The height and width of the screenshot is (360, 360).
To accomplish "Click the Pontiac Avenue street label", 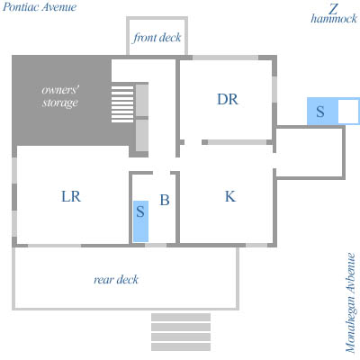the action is click(40, 7).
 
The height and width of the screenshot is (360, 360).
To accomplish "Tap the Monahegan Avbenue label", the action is click(350, 302).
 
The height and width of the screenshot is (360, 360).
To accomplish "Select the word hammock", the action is click(334, 19).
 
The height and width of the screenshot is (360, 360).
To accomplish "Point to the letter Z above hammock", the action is click(333, 9).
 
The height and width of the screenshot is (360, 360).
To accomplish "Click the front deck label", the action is click(157, 38).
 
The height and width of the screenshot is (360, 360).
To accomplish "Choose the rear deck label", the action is click(116, 280).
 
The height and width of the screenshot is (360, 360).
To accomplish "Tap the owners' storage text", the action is click(60, 96).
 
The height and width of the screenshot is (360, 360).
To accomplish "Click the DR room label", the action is click(228, 99).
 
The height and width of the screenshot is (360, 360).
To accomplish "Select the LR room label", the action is click(71, 196).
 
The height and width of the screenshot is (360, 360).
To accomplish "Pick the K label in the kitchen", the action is click(230, 196).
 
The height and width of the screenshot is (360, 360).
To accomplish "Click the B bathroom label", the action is click(165, 200).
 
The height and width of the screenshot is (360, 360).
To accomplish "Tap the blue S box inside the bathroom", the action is click(140, 221).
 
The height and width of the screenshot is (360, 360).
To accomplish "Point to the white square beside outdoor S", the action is click(348, 112).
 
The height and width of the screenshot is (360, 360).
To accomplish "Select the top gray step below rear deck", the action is click(181, 317).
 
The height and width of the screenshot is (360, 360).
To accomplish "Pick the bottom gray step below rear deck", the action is click(181, 346).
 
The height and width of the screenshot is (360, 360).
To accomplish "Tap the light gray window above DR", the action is click(225, 58).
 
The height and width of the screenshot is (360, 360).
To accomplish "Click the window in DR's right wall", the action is click(274, 89).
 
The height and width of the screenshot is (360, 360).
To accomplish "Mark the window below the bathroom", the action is click(156, 245).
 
